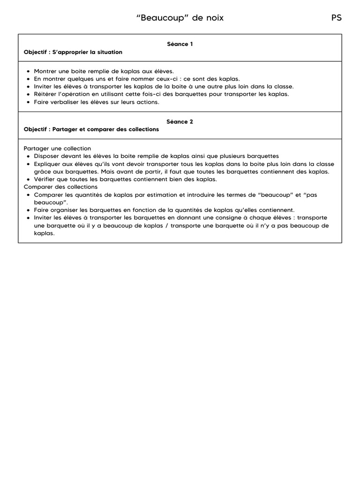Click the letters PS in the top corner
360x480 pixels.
337,18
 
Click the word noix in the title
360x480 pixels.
214,18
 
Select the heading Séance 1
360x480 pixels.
180,44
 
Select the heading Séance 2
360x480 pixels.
180,121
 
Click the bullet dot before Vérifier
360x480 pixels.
29,179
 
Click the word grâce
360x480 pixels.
43,171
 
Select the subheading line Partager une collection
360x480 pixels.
57,148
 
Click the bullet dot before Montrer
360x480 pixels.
29,71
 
